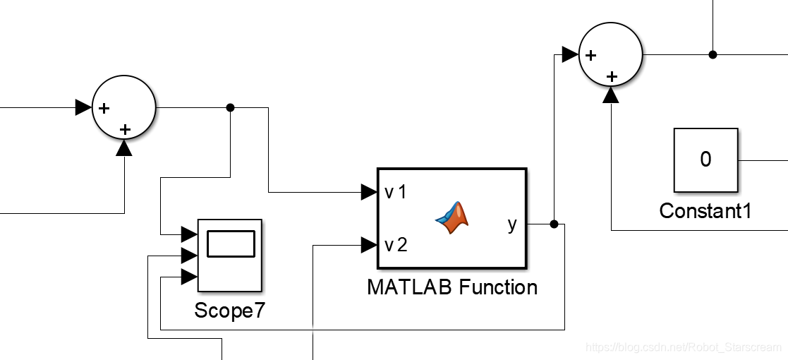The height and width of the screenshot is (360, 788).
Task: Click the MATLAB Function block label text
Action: click(x=452, y=287)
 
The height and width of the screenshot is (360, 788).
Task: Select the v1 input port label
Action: click(x=396, y=192)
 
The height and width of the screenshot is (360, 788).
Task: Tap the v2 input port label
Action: click(x=396, y=245)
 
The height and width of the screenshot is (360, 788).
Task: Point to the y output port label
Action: click(x=512, y=224)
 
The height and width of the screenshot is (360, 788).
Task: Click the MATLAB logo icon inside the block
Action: click(x=452, y=217)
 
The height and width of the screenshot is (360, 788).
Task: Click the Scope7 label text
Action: click(x=230, y=311)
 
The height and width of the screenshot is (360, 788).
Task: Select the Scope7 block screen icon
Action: click(x=230, y=244)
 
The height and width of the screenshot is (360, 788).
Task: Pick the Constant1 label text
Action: click(x=705, y=210)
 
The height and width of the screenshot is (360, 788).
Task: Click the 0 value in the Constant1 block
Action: click(x=705, y=160)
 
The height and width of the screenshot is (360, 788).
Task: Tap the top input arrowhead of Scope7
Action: click(x=189, y=234)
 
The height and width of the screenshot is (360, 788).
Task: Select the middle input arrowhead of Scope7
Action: click(x=189, y=255)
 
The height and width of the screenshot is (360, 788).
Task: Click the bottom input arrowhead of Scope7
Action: click(x=189, y=277)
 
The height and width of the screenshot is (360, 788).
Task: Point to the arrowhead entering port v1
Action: click(x=369, y=191)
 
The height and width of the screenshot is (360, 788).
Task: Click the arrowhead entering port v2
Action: click(x=369, y=245)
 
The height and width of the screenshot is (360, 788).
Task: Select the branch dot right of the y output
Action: click(x=554, y=224)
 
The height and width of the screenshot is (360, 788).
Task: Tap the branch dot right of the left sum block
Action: click(x=230, y=107)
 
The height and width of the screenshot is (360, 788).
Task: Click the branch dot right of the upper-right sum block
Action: click(x=713, y=54)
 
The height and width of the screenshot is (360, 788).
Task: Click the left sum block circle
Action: click(x=124, y=108)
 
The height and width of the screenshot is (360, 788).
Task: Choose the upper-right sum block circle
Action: click(x=611, y=55)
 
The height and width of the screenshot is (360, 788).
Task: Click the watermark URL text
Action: click(x=684, y=347)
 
